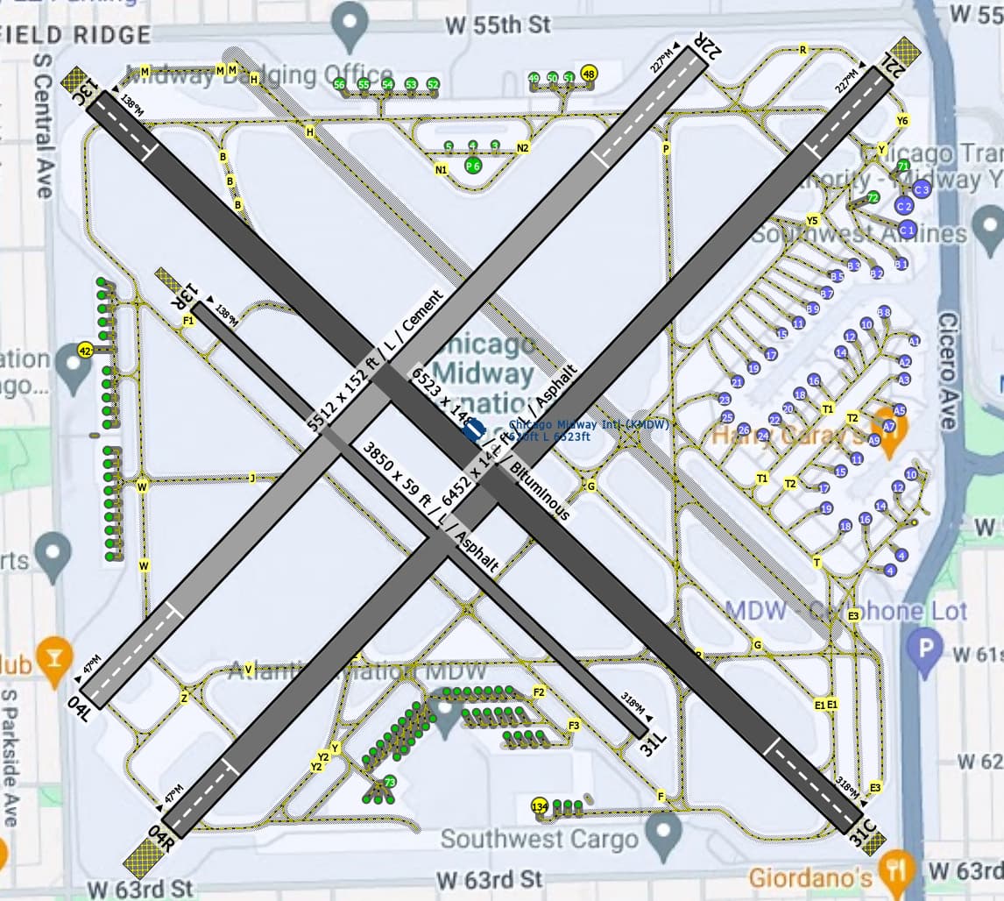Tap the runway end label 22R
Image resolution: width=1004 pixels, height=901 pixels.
(x=706, y=46)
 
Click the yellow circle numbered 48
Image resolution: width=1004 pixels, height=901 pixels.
(x=589, y=74)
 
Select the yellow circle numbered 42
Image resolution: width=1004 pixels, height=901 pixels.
(x=85, y=351)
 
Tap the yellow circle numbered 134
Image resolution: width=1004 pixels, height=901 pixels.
(x=540, y=805)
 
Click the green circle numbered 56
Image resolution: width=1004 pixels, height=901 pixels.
(x=340, y=84)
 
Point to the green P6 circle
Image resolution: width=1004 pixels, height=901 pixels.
(x=473, y=165)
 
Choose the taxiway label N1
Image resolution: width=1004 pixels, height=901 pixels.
(x=441, y=169)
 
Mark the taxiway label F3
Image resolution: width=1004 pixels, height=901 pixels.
(x=574, y=725)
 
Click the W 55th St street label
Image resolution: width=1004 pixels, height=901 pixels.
(x=498, y=25)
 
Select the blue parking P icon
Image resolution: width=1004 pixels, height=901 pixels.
(x=925, y=652)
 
